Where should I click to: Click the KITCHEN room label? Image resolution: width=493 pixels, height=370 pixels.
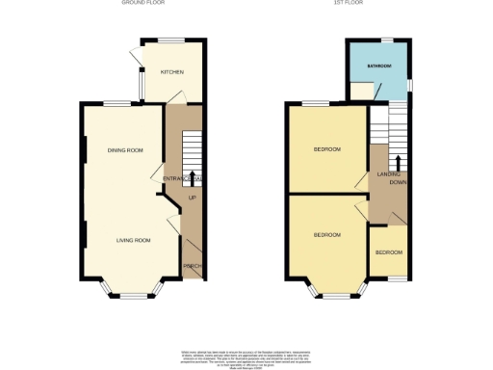(172, 72)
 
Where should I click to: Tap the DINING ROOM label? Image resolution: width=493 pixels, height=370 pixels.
(125, 150)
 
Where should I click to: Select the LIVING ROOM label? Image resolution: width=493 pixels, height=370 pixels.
(134, 240)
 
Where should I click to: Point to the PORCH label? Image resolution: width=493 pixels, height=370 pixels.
(192, 266)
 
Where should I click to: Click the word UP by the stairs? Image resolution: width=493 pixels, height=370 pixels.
(192, 198)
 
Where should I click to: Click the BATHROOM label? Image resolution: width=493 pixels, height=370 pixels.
(378, 66)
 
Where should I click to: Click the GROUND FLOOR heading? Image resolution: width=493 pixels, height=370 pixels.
(143, 4)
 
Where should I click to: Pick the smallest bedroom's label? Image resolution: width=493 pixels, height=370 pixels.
(388, 252)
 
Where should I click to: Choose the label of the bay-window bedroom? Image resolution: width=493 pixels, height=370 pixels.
(327, 234)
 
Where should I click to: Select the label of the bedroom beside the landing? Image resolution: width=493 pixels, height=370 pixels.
(327, 149)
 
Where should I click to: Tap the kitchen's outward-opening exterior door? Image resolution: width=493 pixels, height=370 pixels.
(137, 60)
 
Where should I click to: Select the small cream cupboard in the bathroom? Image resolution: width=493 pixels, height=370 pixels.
(362, 91)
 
